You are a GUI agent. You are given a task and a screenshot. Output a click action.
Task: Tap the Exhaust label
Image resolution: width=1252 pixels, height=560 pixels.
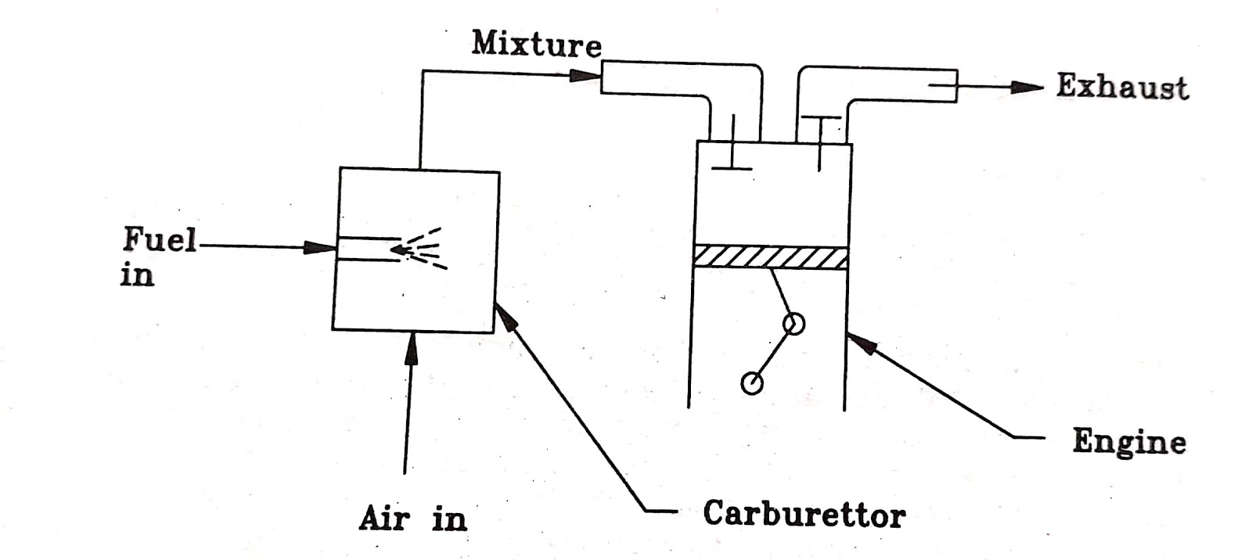click(1121, 86)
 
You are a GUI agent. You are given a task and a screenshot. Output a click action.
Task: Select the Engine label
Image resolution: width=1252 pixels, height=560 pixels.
click(1128, 442)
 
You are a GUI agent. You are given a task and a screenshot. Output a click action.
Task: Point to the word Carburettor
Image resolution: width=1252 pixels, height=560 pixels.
click(804, 514)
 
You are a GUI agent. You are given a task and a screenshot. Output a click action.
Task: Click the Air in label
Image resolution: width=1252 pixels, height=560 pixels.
click(412, 518)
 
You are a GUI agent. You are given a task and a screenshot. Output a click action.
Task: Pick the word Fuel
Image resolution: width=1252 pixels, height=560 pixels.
click(159, 239)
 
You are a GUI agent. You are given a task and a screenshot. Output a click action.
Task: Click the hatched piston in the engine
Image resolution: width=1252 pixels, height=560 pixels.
click(770, 257)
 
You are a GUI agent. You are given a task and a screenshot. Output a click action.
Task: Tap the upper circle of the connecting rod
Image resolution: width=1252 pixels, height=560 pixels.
click(793, 323)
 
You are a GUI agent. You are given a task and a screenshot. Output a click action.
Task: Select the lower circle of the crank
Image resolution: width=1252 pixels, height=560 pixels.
click(752, 382)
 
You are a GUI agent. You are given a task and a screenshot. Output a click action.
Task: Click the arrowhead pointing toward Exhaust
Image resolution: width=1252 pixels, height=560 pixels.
click(1025, 87)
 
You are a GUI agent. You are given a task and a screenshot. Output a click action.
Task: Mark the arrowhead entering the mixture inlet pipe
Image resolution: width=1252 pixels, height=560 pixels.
click(584, 76)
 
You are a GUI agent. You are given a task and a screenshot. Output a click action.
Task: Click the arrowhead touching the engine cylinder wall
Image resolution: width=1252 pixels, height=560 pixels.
click(859, 342)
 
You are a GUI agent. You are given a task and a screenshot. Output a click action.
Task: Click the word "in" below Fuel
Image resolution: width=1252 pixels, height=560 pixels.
click(137, 275)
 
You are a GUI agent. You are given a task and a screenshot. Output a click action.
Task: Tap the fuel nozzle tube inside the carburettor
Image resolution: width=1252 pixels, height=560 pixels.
click(368, 249)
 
